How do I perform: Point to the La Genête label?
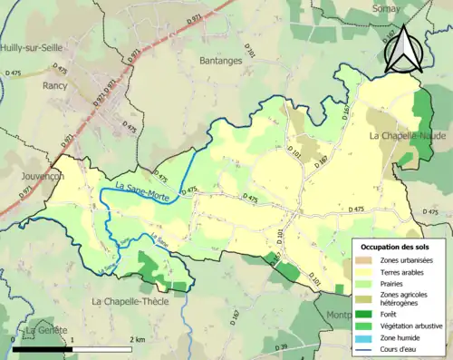(45, 332)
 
